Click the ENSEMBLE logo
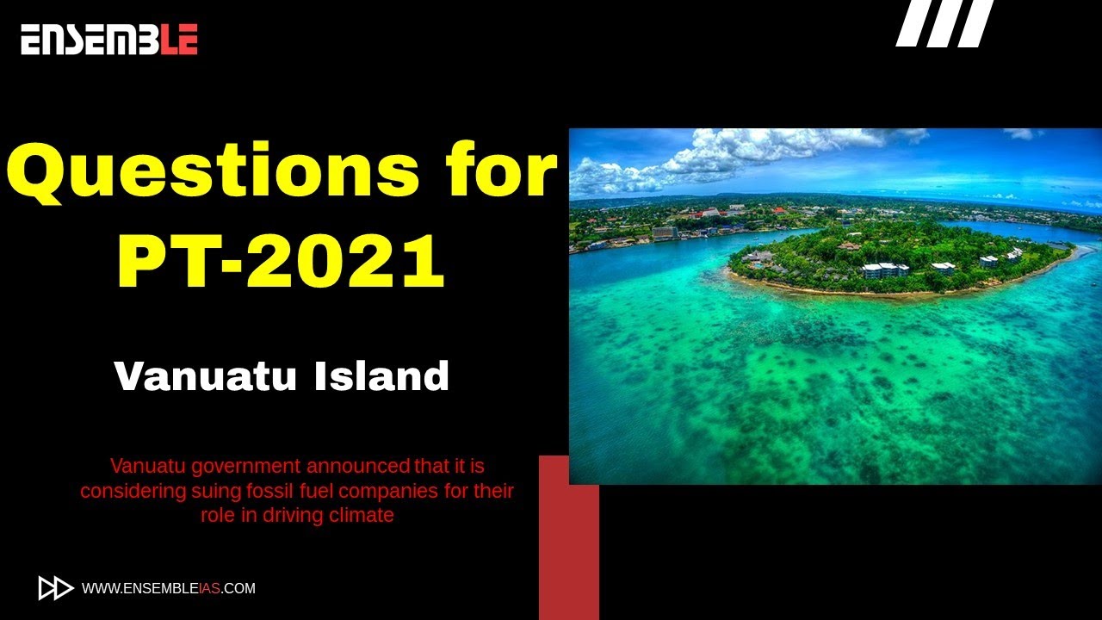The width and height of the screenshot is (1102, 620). [109, 40]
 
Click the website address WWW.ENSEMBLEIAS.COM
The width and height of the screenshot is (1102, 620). [168, 589]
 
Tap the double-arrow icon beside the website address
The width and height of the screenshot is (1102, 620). [56, 588]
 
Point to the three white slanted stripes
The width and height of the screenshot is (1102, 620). [944, 23]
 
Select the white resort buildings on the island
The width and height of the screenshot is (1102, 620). [885, 270]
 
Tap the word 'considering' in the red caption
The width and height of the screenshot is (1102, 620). [127, 491]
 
